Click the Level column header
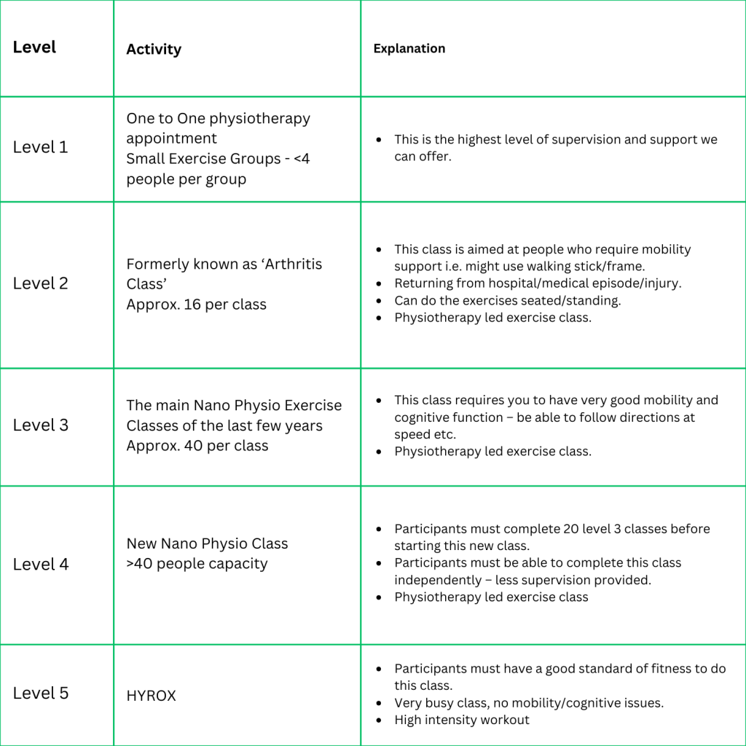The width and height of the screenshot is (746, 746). tap(34, 47)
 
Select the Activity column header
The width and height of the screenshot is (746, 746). tap(154, 50)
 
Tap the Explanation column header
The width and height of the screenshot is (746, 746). tap(409, 49)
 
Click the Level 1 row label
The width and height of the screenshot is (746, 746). tap(40, 147)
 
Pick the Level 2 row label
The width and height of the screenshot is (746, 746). tap(40, 283)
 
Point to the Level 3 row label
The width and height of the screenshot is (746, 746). tap(40, 425)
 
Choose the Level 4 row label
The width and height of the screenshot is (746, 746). tap(40, 564)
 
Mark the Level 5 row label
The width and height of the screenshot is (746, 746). tap(40, 693)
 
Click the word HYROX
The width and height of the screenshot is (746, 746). tap(151, 696)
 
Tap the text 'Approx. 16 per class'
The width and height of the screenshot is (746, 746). tap(196, 305)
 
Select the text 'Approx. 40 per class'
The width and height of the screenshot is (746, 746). tap(197, 445)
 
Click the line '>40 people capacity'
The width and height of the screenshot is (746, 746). tap(197, 564)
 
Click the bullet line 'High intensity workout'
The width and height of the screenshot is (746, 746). tap(462, 720)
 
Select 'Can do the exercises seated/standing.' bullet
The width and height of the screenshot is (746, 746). tap(507, 300)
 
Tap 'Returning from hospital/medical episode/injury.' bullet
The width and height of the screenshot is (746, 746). tap(538, 283)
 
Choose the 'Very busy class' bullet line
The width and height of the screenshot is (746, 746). tap(529, 703)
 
